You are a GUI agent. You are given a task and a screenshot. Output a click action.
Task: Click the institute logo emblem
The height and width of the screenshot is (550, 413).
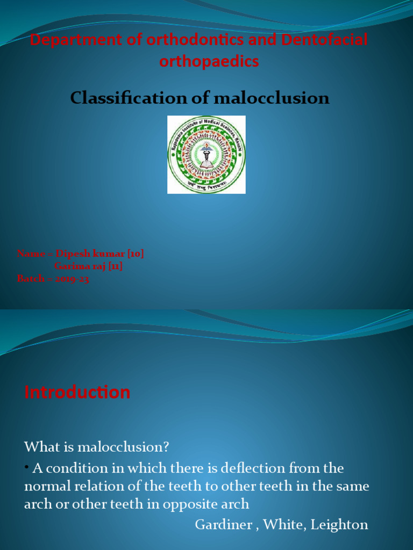pyautogui.click(x=206, y=155)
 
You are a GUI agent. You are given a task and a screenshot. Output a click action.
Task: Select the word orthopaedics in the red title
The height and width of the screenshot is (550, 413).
pyautogui.click(x=209, y=61)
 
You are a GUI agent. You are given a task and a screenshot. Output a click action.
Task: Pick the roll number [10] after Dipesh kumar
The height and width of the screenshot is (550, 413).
pyautogui.click(x=134, y=254)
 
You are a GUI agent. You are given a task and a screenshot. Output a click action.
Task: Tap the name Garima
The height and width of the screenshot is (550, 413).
pyautogui.click(x=72, y=266)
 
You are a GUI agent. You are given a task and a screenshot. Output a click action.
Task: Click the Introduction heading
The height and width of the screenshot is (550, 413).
pyautogui.click(x=77, y=392)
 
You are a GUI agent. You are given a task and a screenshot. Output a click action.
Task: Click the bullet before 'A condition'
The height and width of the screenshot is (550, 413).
pyautogui.click(x=26, y=467)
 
